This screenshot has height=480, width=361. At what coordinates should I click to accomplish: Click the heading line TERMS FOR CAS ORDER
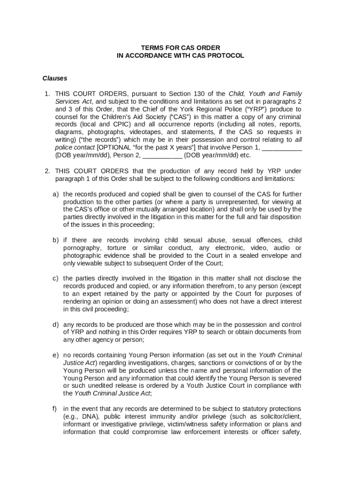click(x=180, y=48)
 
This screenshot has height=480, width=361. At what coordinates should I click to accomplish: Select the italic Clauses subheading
click(x=55, y=78)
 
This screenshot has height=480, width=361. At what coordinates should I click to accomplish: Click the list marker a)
click(x=55, y=194)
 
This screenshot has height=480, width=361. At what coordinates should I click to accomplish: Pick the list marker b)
click(x=55, y=240)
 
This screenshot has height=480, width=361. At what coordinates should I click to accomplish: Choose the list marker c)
click(x=55, y=278)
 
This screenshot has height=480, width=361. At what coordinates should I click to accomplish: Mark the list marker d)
click(x=55, y=324)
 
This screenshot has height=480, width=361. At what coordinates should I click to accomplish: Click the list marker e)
click(x=55, y=355)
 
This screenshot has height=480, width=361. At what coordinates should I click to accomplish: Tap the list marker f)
click(x=55, y=408)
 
